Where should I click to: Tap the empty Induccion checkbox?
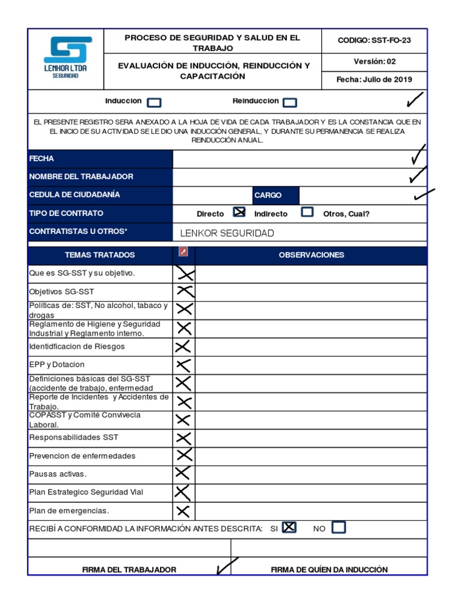point(154,103)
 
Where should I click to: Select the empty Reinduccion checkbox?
point(289,103)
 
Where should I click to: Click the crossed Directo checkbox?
point(239,212)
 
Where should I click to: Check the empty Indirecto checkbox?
point(307,212)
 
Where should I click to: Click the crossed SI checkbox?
point(289,528)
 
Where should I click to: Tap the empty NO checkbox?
point(339,528)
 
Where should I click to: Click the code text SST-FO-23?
point(392,40)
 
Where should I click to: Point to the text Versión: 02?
point(374,61)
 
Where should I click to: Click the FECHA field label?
point(42,159)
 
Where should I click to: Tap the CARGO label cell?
point(268,196)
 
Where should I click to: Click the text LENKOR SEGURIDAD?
point(227,233)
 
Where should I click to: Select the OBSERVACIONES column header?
point(311,255)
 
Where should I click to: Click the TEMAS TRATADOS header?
point(100,255)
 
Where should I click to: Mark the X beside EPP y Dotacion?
point(183,365)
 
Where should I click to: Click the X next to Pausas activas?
point(183,474)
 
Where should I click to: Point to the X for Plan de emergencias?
point(183,511)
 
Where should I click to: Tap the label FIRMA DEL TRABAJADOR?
point(129,570)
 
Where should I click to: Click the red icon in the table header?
point(183,251)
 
